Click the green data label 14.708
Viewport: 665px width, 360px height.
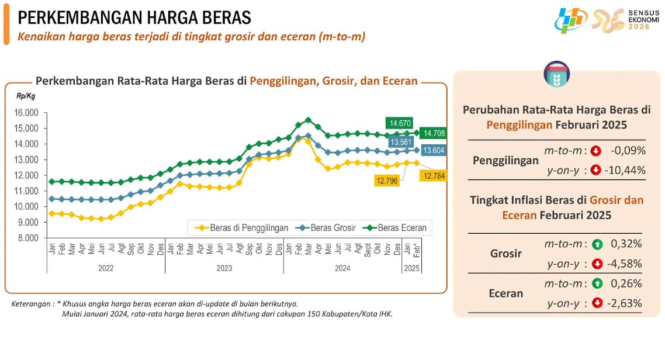coord(434,133)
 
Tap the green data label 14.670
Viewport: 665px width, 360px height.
coord(400,123)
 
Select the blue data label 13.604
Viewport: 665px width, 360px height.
coord(434,151)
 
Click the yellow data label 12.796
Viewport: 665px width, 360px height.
coord(388,181)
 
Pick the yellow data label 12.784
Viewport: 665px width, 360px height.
coord(434,175)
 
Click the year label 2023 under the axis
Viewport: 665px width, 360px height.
coord(224,268)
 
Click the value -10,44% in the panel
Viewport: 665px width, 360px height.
coord(626,170)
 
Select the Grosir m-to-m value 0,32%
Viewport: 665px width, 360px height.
coord(626,244)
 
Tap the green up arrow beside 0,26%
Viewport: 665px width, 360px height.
coord(597,284)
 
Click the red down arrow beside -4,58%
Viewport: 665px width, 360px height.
coord(597,264)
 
